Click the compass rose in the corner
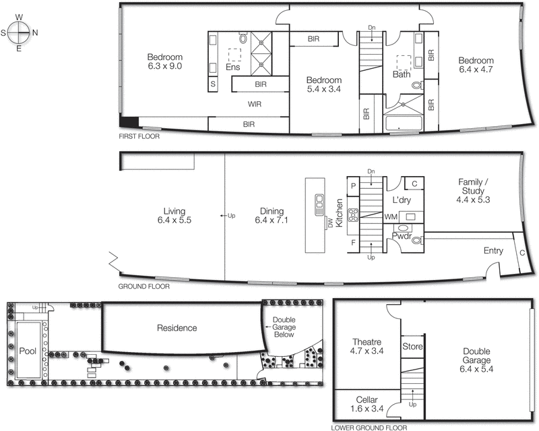coord(20,32)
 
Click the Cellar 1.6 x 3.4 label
coord(367,403)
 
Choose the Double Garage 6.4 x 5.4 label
coord(480,355)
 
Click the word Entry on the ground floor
coord(493,251)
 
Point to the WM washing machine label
coord(389,217)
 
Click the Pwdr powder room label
coord(402,237)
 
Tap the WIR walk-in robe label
coord(255,104)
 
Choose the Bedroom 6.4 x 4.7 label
coord(476,65)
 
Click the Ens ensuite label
coord(233,67)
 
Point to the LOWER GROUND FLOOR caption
coord(369,427)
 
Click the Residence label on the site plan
coord(177,328)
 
